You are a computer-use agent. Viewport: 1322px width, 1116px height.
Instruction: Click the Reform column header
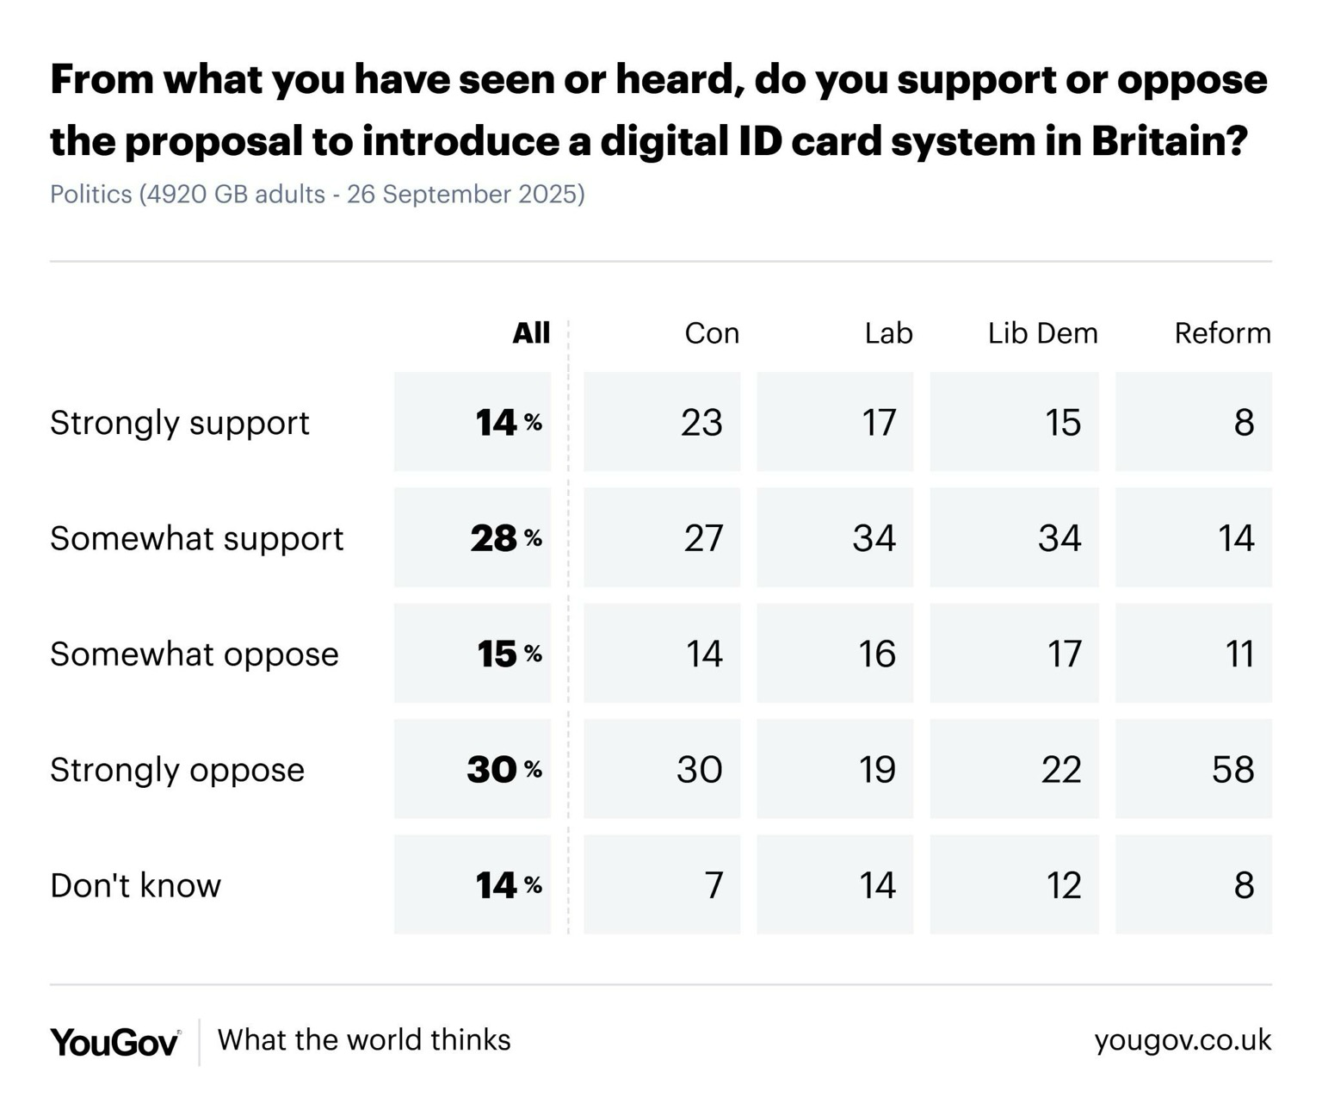tap(1222, 333)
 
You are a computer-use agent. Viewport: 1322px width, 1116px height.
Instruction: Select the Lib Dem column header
tap(1042, 333)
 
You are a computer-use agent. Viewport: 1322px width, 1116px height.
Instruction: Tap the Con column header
tap(712, 333)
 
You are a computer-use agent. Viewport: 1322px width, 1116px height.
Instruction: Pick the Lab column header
tap(888, 333)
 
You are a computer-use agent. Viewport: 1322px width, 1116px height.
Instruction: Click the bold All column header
tap(531, 333)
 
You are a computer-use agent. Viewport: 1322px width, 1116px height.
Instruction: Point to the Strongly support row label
tap(179, 423)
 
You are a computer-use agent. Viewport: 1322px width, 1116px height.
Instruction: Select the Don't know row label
tap(135, 885)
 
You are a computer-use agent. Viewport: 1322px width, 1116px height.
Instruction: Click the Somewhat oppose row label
tap(194, 654)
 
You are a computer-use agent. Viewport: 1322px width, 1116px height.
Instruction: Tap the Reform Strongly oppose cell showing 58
tap(1194, 769)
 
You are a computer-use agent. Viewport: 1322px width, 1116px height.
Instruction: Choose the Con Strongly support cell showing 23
tap(662, 422)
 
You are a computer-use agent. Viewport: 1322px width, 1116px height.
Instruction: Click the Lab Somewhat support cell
tap(835, 538)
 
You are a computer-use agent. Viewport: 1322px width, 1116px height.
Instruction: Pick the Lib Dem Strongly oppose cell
tap(1014, 769)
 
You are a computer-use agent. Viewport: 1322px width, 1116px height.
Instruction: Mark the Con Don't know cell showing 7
tap(662, 884)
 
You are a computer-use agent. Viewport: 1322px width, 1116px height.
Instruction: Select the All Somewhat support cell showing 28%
tap(473, 538)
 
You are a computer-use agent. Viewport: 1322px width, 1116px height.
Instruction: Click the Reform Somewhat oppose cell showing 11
tap(1194, 654)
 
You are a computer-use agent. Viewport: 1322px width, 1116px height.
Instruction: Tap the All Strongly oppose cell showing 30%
tap(473, 769)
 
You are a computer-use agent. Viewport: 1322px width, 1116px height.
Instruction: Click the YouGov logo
tap(114, 1042)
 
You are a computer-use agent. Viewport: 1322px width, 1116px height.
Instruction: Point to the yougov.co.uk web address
tap(1183, 1040)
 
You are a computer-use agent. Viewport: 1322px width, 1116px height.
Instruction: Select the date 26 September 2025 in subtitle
tap(465, 195)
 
